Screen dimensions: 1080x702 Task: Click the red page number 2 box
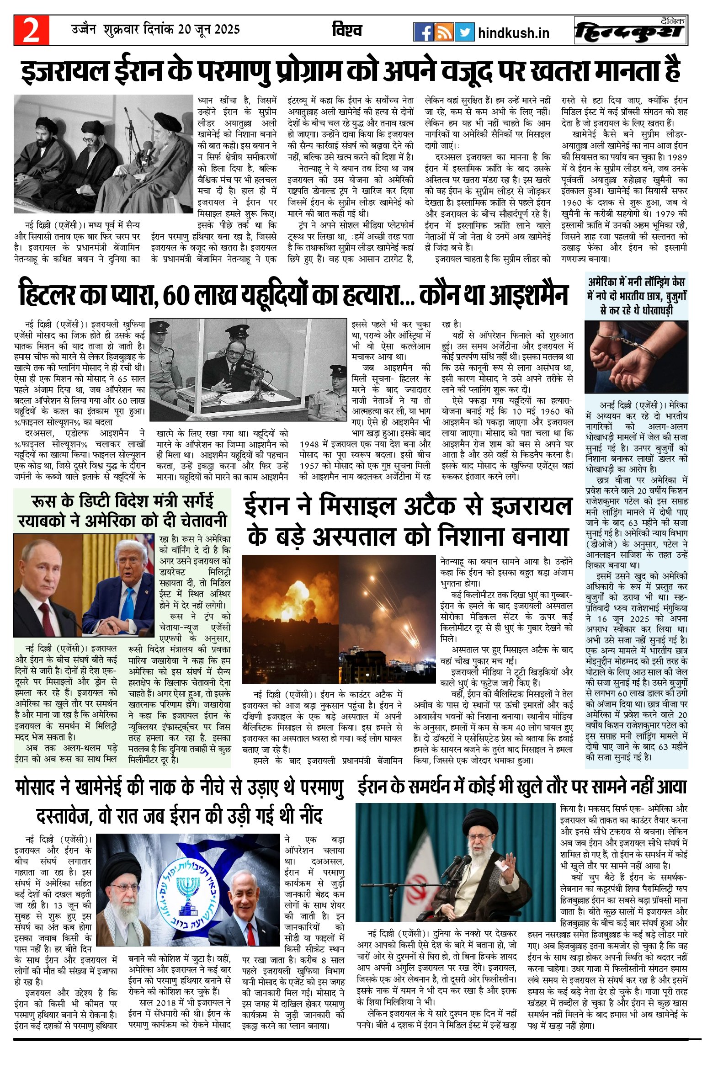pyautogui.click(x=31, y=30)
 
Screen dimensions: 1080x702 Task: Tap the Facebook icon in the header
pyautogui.click(x=423, y=32)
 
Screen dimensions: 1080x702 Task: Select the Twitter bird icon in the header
pyautogui.click(x=464, y=32)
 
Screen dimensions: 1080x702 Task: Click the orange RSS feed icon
pyautogui.click(x=444, y=32)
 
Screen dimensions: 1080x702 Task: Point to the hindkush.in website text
pyautogui.click(x=513, y=33)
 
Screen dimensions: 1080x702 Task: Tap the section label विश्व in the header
pyautogui.click(x=347, y=31)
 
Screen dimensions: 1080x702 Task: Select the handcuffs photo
pyautogui.click(x=636, y=357)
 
